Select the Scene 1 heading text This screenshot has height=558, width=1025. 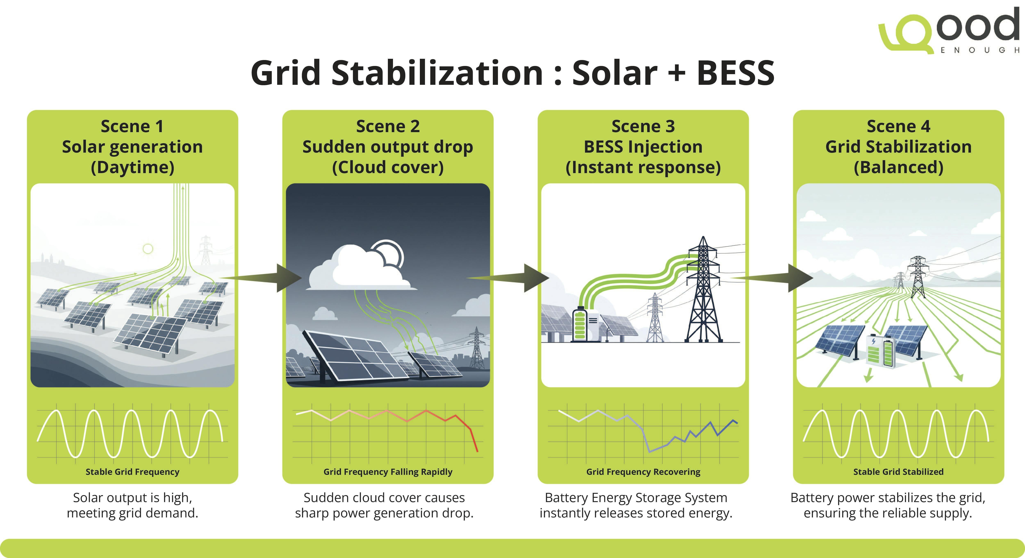(132, 126)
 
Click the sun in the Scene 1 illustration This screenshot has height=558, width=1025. (148, 249)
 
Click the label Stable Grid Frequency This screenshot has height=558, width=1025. (132, 472)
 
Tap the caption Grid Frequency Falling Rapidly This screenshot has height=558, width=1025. (388, 472)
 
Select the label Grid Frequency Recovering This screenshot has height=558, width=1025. (643, 472)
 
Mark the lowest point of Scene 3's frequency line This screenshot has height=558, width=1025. (649, 451)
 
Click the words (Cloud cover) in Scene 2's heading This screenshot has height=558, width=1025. (388, 167)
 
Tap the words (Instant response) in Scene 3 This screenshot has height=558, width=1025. (643, 167)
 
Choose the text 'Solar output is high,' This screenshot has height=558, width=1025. (132, 498)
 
